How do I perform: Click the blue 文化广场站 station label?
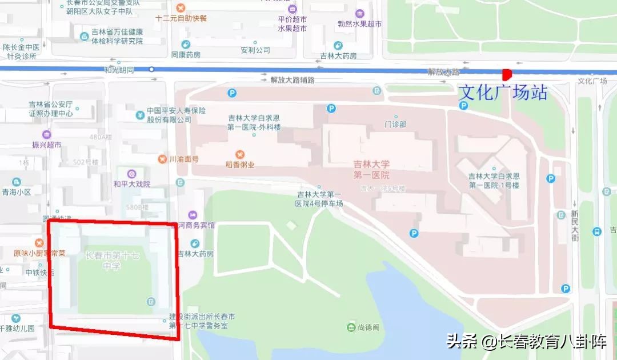coord(503,92)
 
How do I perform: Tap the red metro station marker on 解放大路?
coord(506,74)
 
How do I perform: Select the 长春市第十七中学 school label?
coord(112,261)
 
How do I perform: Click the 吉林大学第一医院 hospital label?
coord(371,170)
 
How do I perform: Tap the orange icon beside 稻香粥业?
coord(240,154)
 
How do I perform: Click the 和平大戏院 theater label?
coord(131,184)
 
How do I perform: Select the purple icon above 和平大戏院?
coord(131,173)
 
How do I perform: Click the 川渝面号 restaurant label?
coord(184,159)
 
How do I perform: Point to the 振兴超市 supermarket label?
coord(47,145)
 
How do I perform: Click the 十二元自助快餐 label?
coord(181,18)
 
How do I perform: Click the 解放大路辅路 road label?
coord(293,81)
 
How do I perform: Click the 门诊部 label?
coord(395,124)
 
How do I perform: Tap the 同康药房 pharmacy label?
coord(186,55)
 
